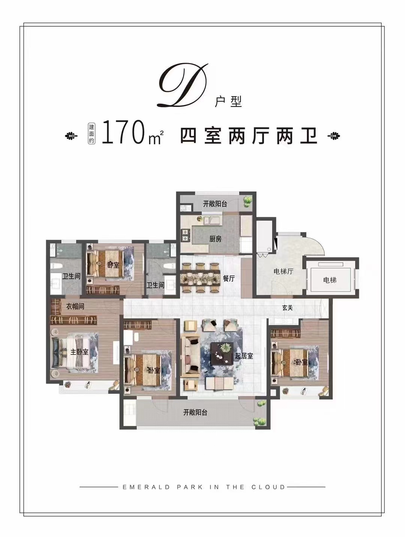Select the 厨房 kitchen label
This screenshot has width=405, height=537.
(216, 238)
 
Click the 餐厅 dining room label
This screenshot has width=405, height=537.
(229, 278)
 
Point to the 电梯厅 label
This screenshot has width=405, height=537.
(283, 271)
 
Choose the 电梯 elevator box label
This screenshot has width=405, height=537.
(330, 280)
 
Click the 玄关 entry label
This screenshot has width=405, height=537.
(287, 308)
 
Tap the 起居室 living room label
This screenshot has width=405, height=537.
(244, 356)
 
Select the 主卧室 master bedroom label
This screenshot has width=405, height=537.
(79, 352)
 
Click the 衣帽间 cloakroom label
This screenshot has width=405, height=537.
(75, 306)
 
